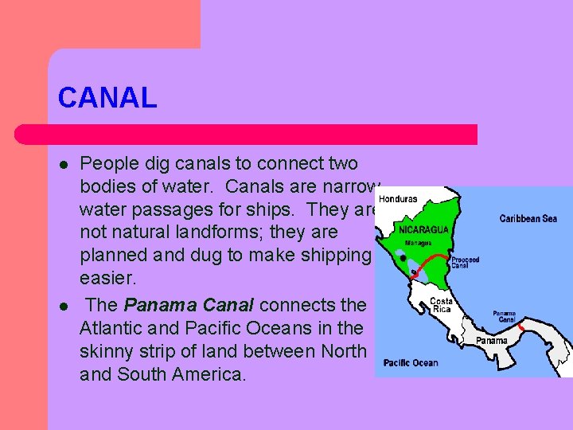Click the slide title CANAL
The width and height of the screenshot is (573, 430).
click(107, 98)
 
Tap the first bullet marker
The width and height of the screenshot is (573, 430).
click(62, 165)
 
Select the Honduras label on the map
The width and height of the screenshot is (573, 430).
click(398, 199)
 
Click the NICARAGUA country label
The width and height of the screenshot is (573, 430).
click(423, 229)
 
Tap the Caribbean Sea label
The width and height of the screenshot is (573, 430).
click(528, 218)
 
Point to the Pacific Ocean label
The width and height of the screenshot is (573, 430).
click(411, 362)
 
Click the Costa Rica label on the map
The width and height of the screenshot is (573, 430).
click(441, 305)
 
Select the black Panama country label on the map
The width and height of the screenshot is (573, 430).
click(491, 341)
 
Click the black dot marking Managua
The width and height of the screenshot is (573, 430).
click(404, 258)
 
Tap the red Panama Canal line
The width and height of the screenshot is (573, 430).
click(520, 327)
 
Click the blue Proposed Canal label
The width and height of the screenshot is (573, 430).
click(465, 263)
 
